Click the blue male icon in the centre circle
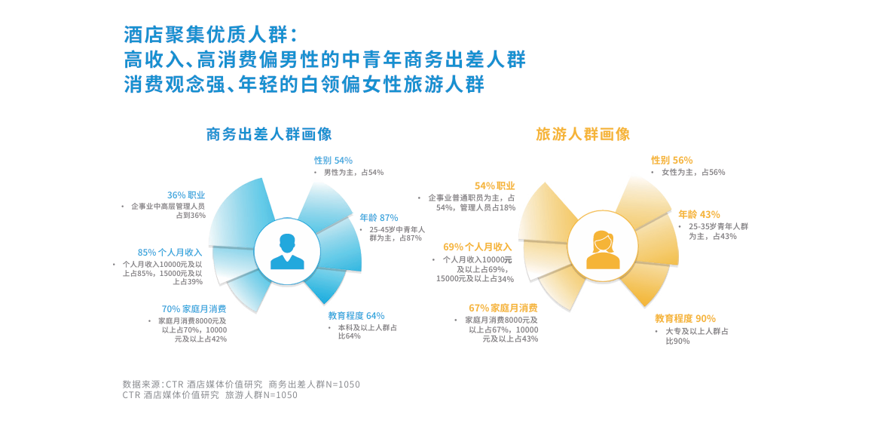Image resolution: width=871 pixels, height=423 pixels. (287, 252)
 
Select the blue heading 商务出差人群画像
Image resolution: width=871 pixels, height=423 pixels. (269, 134)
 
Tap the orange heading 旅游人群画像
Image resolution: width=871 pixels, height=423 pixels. (582, 134)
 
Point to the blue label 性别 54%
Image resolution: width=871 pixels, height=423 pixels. (333, 161)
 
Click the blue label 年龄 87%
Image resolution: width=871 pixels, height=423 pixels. (379, 217)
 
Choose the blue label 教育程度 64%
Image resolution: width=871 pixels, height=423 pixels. (356, 316)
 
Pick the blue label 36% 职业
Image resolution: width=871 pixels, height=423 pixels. (186, 195)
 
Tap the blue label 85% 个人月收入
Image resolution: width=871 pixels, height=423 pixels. (170, 252)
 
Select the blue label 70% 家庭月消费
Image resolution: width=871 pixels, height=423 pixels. (194, 309)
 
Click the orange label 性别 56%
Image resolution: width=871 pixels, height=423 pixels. (671, 161)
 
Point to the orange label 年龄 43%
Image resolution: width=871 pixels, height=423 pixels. (699, 215)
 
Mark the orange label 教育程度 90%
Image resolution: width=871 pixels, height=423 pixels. (685, 318)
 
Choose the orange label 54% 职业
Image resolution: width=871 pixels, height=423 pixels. (495, 185)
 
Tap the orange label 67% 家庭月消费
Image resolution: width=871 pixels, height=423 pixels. (503, 308)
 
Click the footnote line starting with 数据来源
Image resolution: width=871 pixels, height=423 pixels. (241, 384)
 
